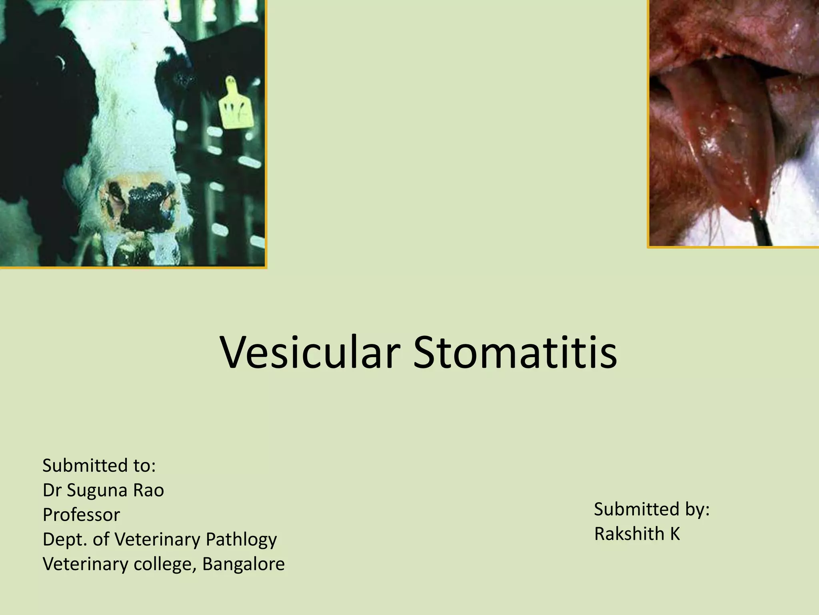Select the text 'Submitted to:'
(99, 466)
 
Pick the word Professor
(81, 515)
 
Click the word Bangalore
(244, 564)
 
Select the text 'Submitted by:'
(651, 509)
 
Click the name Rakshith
(629, 534)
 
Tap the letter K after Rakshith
(675, 534)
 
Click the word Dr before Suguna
(52, 490)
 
